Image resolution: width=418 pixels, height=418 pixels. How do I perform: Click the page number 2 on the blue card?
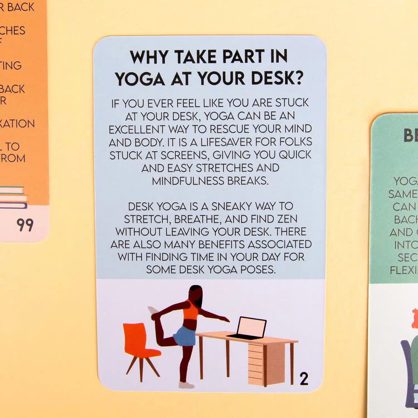(304, 379)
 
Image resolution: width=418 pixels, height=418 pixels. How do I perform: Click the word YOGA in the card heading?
(140, 79)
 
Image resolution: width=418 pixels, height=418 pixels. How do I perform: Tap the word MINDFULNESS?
(188, 181)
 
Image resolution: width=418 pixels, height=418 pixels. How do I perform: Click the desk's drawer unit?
(256, 362)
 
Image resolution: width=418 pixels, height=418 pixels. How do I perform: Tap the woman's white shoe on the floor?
(186, 385)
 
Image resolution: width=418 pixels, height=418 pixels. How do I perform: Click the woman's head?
(195, 293)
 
